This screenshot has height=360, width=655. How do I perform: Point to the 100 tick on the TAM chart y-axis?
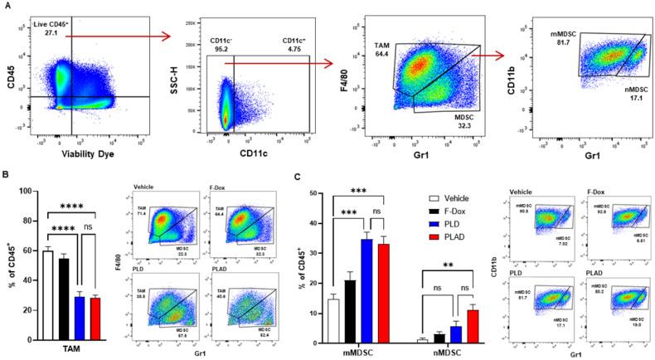(x=30, y=192)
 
